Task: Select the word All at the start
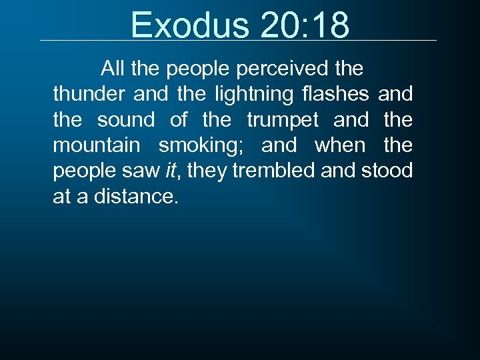[x=113, y=69]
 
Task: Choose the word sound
[x=126, y=120]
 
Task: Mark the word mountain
[x=97, y=145]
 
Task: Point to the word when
[x=340, y=145]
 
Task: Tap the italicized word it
[x=171, y=171]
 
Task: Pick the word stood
[x=387, y=171]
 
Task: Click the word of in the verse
[x=179, y=120]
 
